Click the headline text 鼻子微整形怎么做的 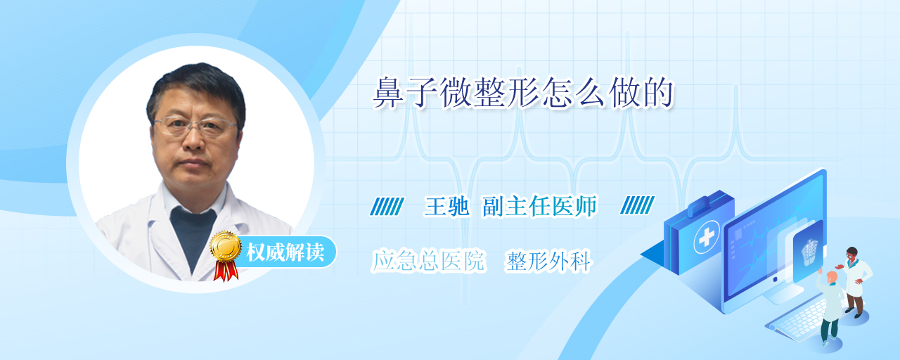click(x=523, y=93)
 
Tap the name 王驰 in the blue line click(x=446, y=207)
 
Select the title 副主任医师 click(x=539, y=207)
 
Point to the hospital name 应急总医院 click(x=428, y=261)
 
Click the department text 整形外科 click(x=548, y=262)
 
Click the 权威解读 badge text click(x=285, y=252)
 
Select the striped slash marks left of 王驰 click(x=387, y=206)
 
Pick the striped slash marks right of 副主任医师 click(x=637, y=205)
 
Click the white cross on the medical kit click(x=707, y=238)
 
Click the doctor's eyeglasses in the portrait click(x=195, y=124)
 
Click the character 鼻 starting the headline click(x=387, y=94)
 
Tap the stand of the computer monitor click(x=783, y=293)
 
